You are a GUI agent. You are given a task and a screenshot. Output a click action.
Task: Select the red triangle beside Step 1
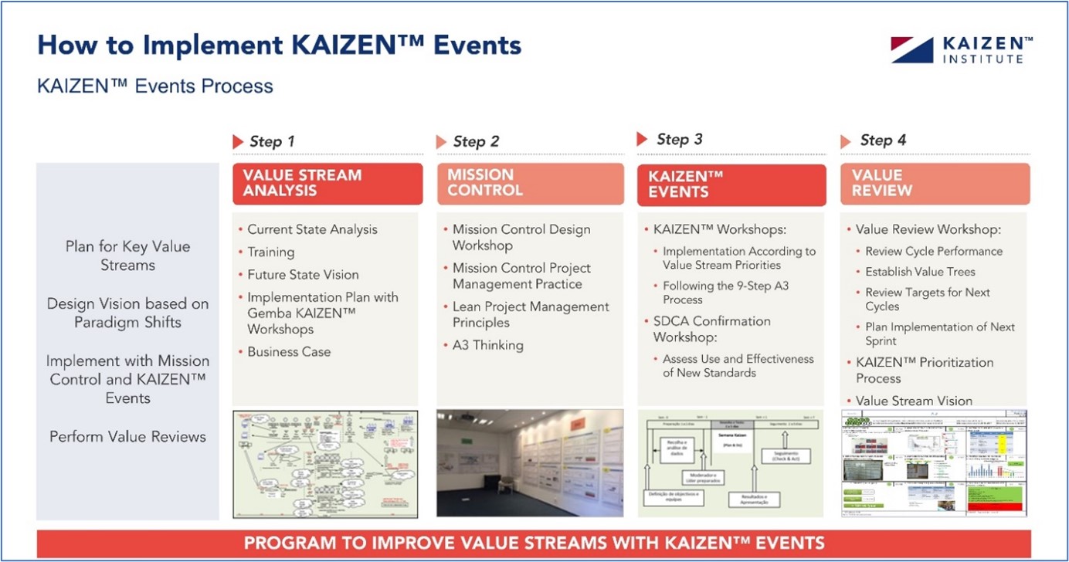coord(238,142)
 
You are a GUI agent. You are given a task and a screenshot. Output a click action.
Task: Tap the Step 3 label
coord(679,140)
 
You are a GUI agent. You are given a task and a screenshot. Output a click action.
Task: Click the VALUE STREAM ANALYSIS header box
coord(327,184)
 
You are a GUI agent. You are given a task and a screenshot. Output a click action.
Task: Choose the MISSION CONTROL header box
coord(530,184)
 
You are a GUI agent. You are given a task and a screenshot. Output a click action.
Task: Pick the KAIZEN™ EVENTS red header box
coord(731,185)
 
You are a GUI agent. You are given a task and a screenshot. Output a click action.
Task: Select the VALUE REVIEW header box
coord(935,184)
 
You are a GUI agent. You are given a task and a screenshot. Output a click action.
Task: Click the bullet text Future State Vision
coord(303,275)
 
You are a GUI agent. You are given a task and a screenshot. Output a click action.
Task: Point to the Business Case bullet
coord(289,352)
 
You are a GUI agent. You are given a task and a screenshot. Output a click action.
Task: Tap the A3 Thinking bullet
coord(487,346)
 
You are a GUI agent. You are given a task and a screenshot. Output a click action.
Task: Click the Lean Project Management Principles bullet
coord(530,315)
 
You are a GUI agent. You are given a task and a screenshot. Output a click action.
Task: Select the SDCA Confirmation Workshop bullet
coord(711,329)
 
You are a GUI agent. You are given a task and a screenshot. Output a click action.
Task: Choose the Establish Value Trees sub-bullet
coord(920,272)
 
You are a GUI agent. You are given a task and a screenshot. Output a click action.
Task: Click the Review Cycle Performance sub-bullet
coord(934,252)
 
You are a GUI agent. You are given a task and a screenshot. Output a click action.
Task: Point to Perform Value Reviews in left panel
coord(127,437)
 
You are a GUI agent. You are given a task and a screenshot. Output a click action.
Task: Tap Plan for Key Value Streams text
coord(127,256)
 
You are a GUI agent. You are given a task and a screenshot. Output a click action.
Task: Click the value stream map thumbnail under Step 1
coord(325,463)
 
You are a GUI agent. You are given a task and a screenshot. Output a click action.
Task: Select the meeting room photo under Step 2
coord(530,463)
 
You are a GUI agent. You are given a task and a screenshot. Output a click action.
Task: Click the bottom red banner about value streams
coord(534,543)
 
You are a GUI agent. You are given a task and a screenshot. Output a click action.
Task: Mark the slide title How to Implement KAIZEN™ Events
coord(279,46)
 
